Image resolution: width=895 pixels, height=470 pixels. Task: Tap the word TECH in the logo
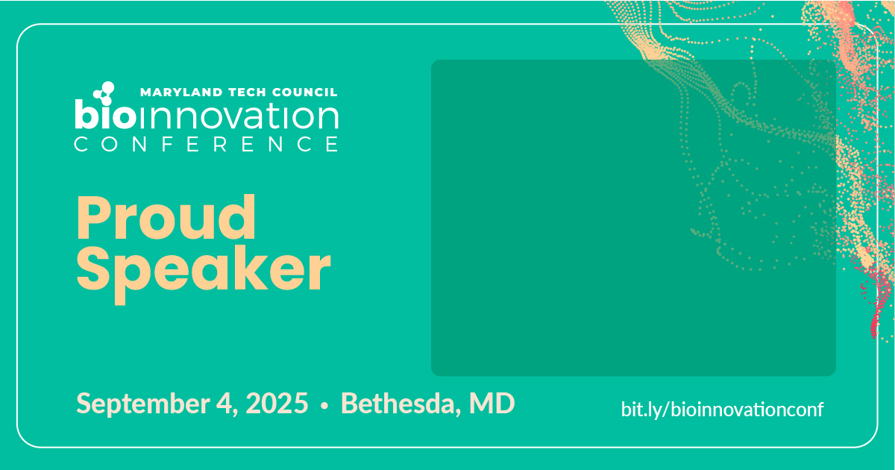[247, 93]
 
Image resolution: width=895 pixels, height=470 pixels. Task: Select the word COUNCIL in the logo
[304, 93]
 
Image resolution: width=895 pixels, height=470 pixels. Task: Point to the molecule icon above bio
[104, 93]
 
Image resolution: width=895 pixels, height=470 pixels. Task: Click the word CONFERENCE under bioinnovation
[206, 144]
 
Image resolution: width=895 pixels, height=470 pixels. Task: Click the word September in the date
[143, 404]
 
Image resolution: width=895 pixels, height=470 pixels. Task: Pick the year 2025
[277, 404]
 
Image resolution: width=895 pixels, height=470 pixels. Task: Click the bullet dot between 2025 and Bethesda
[324, 406]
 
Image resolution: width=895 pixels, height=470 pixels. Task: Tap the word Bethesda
[398, 404]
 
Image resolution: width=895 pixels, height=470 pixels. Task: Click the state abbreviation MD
[492, 404]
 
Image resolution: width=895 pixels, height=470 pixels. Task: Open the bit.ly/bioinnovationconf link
[722, 410]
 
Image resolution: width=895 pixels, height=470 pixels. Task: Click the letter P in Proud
[93, 218]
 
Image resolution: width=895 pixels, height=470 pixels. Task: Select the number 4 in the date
[225, 404]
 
